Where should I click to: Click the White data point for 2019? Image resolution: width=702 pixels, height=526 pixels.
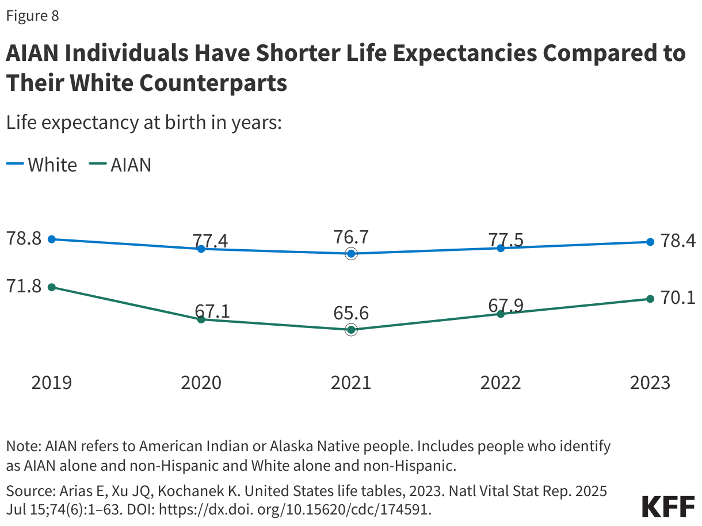(52, 239)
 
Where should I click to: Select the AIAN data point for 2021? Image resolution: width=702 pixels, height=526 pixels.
(351, 330)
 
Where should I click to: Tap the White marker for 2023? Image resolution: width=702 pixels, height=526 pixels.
(650, 242)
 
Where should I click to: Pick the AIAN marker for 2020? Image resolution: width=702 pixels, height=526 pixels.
(201, 319)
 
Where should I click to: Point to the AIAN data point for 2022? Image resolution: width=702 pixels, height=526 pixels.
(501, 314)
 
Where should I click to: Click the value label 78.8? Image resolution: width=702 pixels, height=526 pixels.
(24, 238)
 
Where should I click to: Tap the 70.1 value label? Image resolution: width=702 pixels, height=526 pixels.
(678, 298)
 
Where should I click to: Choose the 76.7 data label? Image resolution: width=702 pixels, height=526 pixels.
(351, 237)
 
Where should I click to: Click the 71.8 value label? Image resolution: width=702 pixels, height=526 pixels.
(24, 286)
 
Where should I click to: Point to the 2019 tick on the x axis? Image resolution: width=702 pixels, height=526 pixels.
(52, 382)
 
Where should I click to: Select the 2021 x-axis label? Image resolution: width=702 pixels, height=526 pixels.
(351, 382)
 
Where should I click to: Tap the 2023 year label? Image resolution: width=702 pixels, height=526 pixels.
(650, 382)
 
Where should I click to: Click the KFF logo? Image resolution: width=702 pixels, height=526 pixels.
(667, 506)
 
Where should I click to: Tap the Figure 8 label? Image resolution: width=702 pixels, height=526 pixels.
(32, 16)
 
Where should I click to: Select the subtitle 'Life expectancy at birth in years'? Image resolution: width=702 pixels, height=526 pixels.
(143, 123)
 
